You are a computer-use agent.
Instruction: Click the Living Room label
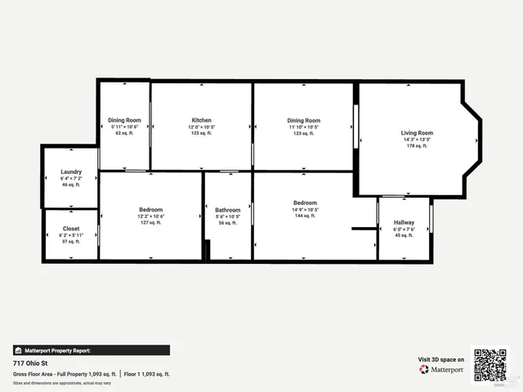[x=417, y=133]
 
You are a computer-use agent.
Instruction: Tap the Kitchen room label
[x=202, y=120]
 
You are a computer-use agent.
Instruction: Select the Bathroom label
[x=228, y=210]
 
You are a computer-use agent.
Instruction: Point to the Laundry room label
[x=71, y=172]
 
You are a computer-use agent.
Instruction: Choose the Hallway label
[x=404, y=223]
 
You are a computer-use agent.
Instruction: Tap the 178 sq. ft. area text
[x=417, y=146]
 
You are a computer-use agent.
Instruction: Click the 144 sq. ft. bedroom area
[x=305, y=216]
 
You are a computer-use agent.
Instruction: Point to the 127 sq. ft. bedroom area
[x=151, y=222]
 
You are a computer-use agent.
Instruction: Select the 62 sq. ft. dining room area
[x=124, y=133]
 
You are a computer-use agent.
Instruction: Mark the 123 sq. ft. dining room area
[x=303, y=133]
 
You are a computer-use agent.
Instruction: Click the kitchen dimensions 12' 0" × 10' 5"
[x=202, y=127]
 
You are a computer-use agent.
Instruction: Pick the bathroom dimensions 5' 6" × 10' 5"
[x=228, y=216]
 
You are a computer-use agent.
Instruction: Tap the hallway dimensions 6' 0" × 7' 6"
[x=404, y=229]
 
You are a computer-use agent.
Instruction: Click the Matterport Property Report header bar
[x=91, y=350]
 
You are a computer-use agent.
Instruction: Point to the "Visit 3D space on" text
[x=441, y=359]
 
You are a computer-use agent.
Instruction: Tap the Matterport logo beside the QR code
[x=442, y=370]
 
